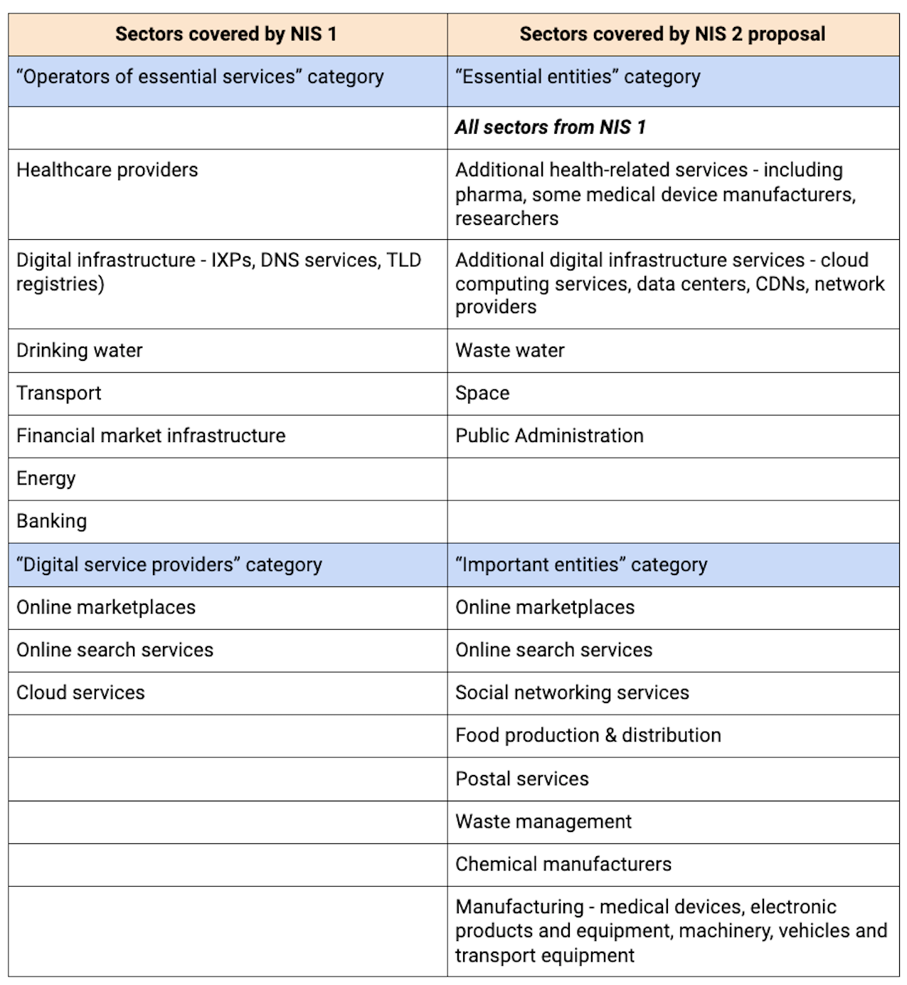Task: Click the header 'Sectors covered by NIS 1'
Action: [226, 34]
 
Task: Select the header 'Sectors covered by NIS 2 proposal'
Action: [672, 34]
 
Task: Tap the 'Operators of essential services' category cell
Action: [200, 77]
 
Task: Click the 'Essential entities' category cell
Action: [578, 77]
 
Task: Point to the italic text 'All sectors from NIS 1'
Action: [551, 127]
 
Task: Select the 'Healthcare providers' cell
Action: [107, 170]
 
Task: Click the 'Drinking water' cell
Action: [80, 350]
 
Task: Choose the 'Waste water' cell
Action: [510, 350]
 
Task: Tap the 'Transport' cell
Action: [59, 393]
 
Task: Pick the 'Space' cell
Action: [482, 393]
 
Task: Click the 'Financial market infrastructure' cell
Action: [151, 436]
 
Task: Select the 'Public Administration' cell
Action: [549, 436]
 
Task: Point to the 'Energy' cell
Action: [46, 478]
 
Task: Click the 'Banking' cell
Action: [52, 521]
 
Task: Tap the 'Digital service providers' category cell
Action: [169, 564]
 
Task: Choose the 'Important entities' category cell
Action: [581, 564]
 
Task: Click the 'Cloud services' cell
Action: [80, 692]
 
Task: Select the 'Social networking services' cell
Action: [572, 692]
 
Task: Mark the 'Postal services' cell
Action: [522, 779]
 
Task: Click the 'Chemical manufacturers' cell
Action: [563, 864]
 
